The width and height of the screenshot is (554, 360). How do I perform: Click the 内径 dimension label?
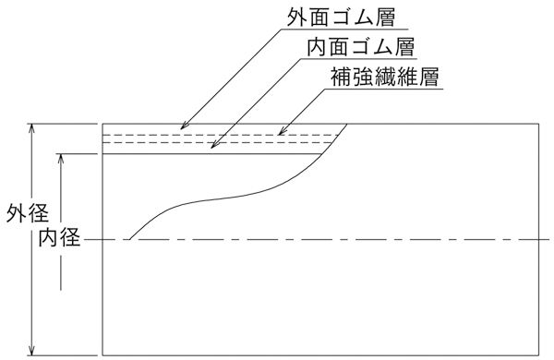click(x=58, y=239)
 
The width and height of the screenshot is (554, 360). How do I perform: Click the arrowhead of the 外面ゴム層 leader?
click(x=182, y=128)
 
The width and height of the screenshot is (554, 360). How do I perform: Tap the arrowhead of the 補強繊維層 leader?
click(x=279, y=135)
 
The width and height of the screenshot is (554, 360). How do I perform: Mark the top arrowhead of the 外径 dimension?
click(x=33, y=127)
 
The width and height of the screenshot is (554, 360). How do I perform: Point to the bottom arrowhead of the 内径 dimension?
click(x=62, y=323)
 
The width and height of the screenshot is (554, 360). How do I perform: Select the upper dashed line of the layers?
click(x=222, y=134)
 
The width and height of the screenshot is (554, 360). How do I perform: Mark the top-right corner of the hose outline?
click(x=543, y=124)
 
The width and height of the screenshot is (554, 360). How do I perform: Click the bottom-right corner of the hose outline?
click(x=543, y=354)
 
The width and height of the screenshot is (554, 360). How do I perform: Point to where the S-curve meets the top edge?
click(x=348, y=124)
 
